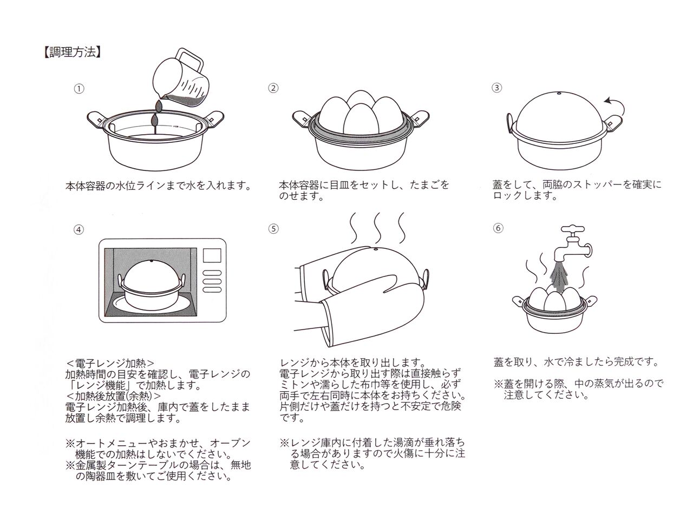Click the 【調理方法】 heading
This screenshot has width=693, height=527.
71,52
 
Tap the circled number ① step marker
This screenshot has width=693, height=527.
79,89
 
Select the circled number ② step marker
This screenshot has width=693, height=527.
273,88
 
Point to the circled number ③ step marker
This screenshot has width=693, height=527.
497,88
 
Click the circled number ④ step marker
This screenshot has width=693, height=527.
79,229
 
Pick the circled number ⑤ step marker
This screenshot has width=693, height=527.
273,228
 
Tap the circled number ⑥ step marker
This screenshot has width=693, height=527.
498,228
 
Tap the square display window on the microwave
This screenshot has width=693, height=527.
212,255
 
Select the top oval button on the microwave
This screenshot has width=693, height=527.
212,273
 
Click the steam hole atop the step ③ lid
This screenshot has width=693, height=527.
558,94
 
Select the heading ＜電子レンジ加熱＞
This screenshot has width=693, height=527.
110,363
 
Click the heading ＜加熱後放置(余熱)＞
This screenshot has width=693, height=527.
113,395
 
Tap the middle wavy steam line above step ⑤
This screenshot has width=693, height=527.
378,228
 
